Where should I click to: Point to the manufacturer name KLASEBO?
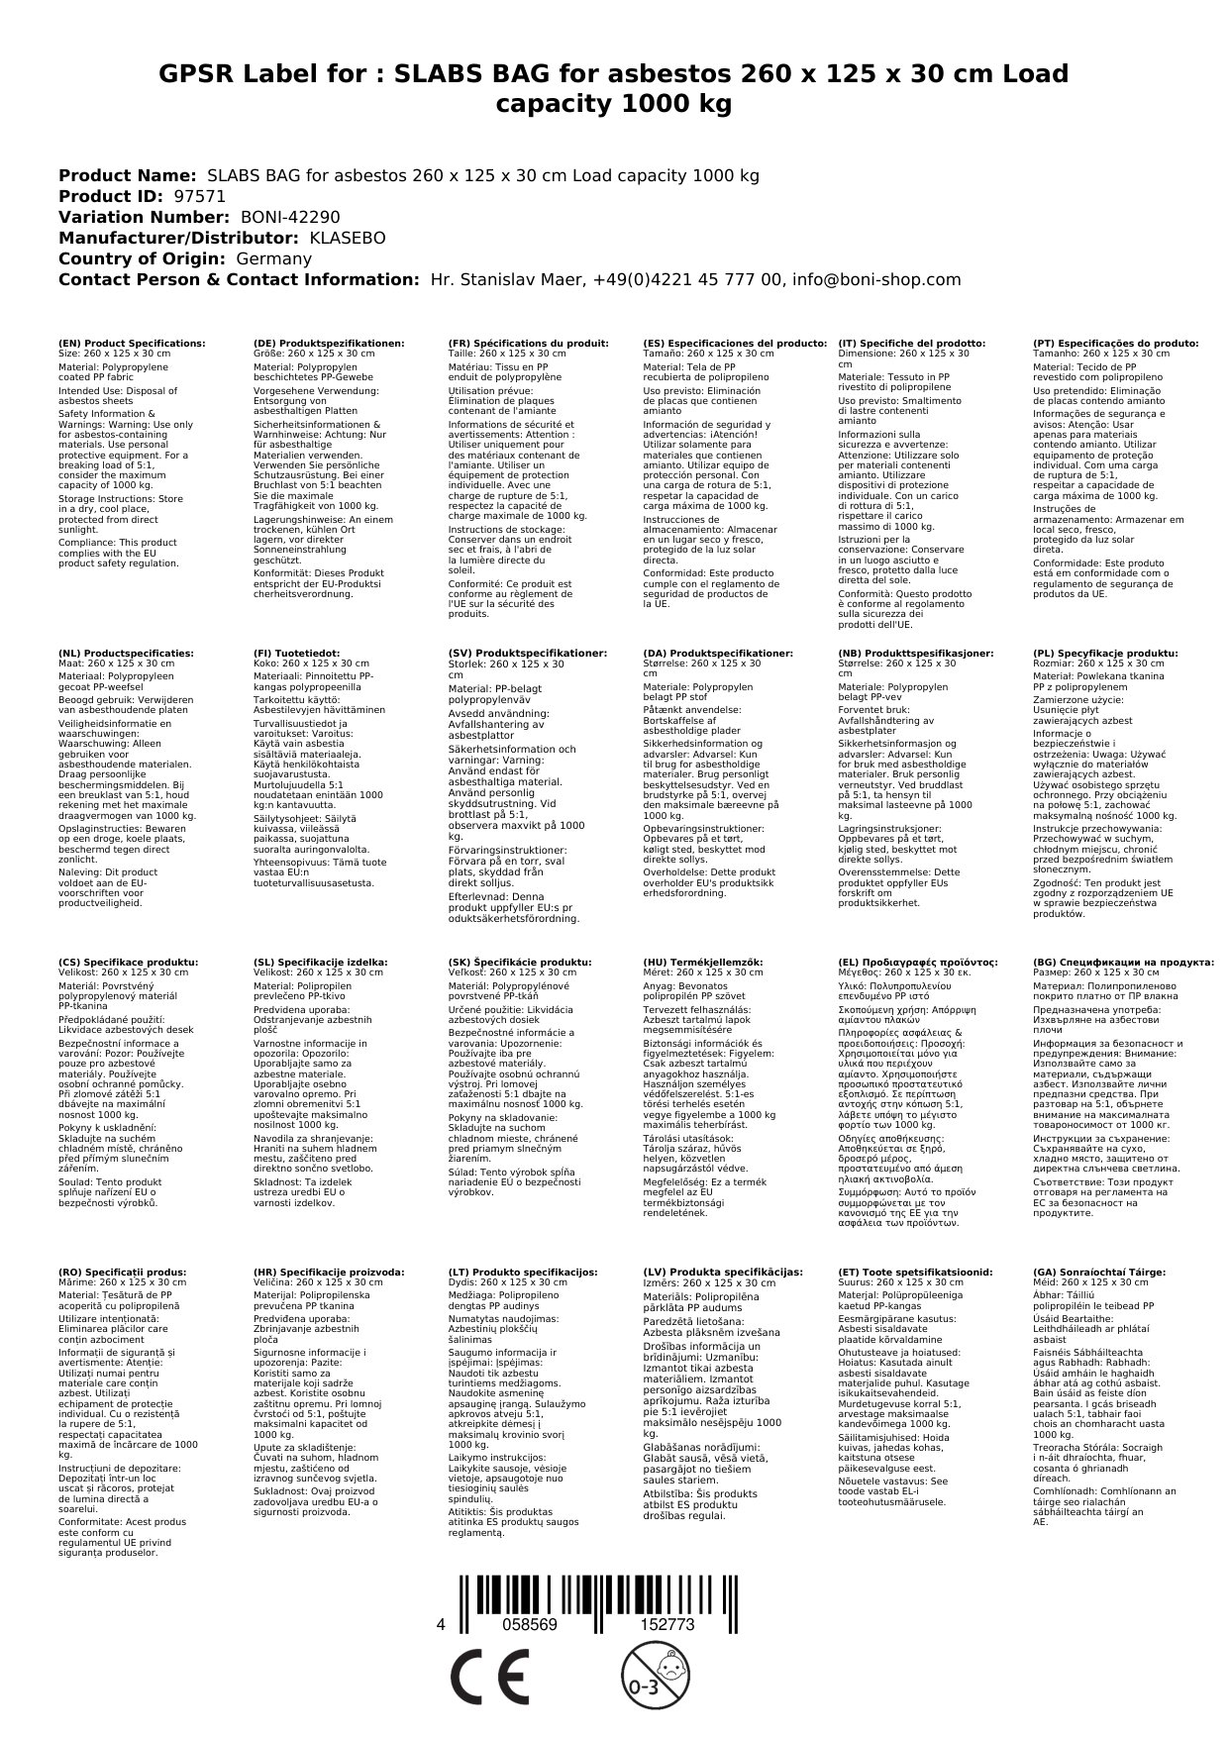click(x=347, y=238)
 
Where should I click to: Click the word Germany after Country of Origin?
click(x=273, y=258)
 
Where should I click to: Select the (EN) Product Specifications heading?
click(x=132, y=343)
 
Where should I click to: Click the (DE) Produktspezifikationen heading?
click(x=329, y=343)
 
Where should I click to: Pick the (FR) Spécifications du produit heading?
click(x=528, y=343)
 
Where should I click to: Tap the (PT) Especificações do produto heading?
click(x=1115, y=343)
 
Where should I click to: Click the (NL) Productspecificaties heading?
click(x=126, y=654)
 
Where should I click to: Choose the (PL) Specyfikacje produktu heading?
click(x=1105, y=654)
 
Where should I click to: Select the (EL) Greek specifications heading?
click(x=917, y=962)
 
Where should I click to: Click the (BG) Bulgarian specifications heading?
click(x=1123, y=962)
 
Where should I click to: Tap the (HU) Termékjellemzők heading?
click(x=703, y=962)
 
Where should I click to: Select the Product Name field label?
click(x=128, y=175)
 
